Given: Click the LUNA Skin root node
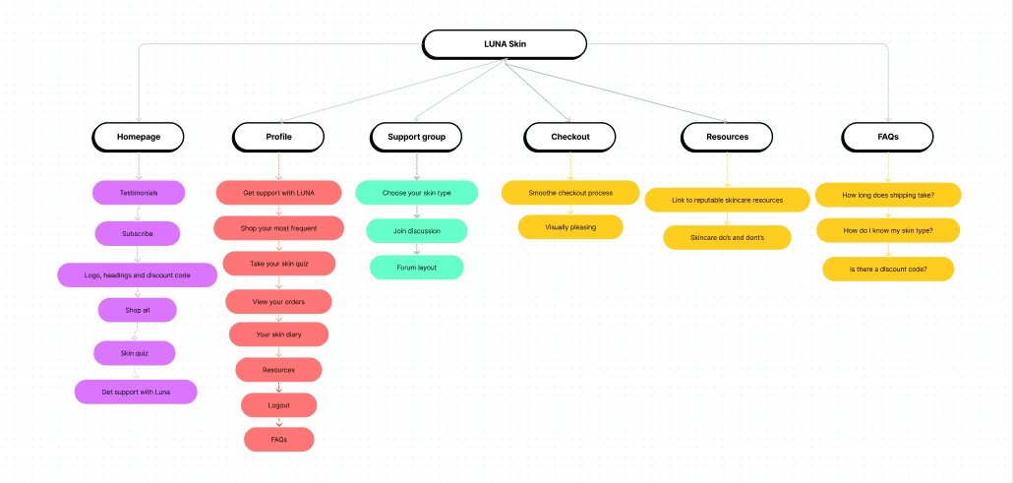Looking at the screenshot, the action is (505, 44).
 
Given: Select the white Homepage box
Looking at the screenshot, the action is (139, 137).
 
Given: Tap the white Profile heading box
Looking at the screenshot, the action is (278, 137).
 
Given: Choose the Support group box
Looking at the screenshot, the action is (417, 137).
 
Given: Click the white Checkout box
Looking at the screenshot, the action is (569, 137).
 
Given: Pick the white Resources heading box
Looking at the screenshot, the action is (727, 137).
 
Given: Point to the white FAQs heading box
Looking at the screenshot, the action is (888, 137).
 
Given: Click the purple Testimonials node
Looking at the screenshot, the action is (139, 193).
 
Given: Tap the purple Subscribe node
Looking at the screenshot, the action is (138, 233).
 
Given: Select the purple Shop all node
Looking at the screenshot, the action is (138, 311).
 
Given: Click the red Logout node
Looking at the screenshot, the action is (279, 405).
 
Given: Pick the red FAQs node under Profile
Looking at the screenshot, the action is (279, 440).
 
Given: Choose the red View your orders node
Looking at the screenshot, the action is (279, 302).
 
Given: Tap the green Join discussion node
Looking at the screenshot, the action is (417, 231).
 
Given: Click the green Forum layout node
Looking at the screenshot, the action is (417, 267).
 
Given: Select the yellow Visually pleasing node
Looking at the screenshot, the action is (570, 227).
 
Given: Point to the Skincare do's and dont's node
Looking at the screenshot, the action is (728, 237).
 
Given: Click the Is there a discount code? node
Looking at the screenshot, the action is (888, 269).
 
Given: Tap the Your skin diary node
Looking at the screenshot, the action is (279, 334).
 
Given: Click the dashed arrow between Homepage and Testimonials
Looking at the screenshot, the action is (139, 166).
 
